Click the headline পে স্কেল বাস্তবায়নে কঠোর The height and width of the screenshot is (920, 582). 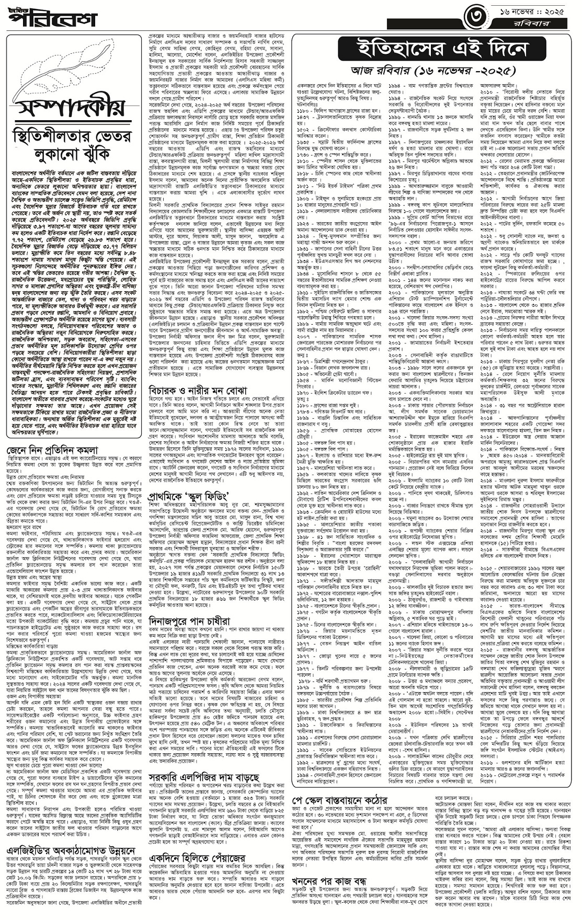tap(348, 815)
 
